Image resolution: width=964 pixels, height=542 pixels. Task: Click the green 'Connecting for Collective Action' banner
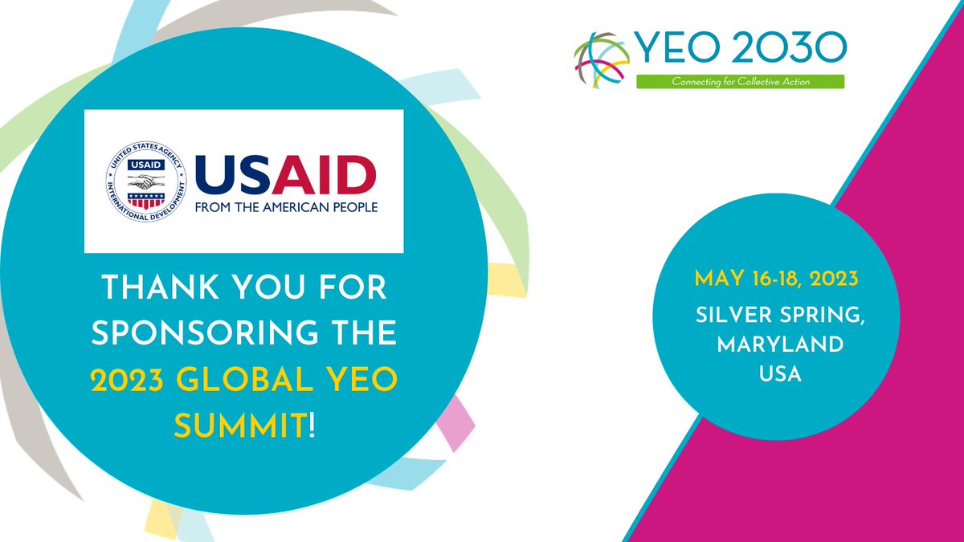click(x=739, y=81)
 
